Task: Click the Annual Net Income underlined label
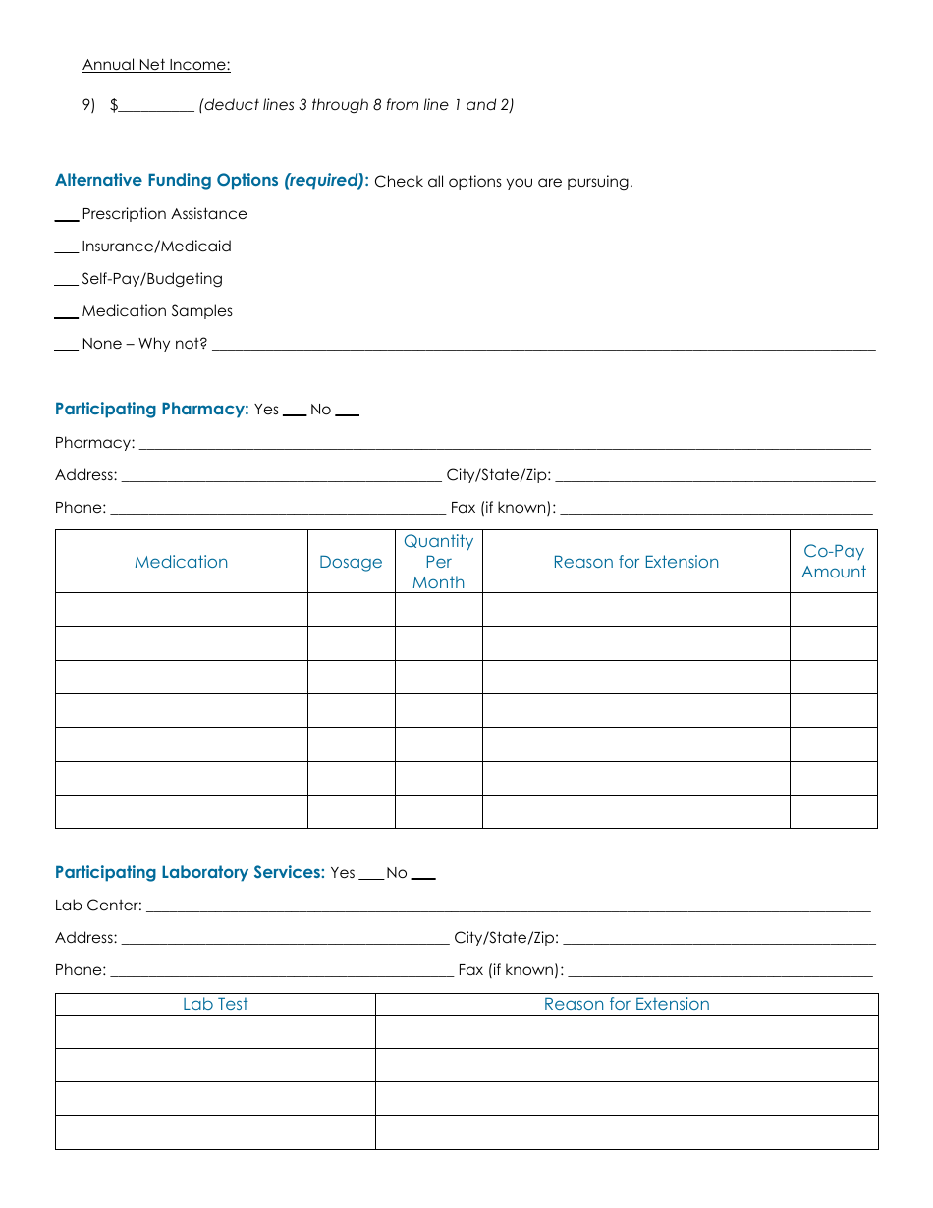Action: pos(156,65)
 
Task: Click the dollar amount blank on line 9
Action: pos(156,106)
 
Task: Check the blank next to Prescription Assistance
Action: pos(67,216)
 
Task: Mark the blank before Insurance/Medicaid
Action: pos(67,248)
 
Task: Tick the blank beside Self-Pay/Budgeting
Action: pos(67,281)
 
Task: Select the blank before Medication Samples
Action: pos(67,313)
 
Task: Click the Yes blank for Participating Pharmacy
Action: pos(295,412)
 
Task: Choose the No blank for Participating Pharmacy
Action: pos(348,412)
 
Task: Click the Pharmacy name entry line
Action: pos(504,445)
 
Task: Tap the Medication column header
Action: pos(182,562)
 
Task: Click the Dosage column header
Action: pos(351,562)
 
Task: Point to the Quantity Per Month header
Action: pos(438,562)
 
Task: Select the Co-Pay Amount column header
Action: pos(834,562)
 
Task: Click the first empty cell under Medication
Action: pos(182,610)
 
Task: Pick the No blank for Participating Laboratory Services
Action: pos(423,875)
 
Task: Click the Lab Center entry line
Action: pos(507,907)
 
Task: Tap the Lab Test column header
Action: pos(215,1004)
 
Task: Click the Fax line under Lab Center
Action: pos(720,972)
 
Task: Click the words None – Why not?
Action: pos(144,344)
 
